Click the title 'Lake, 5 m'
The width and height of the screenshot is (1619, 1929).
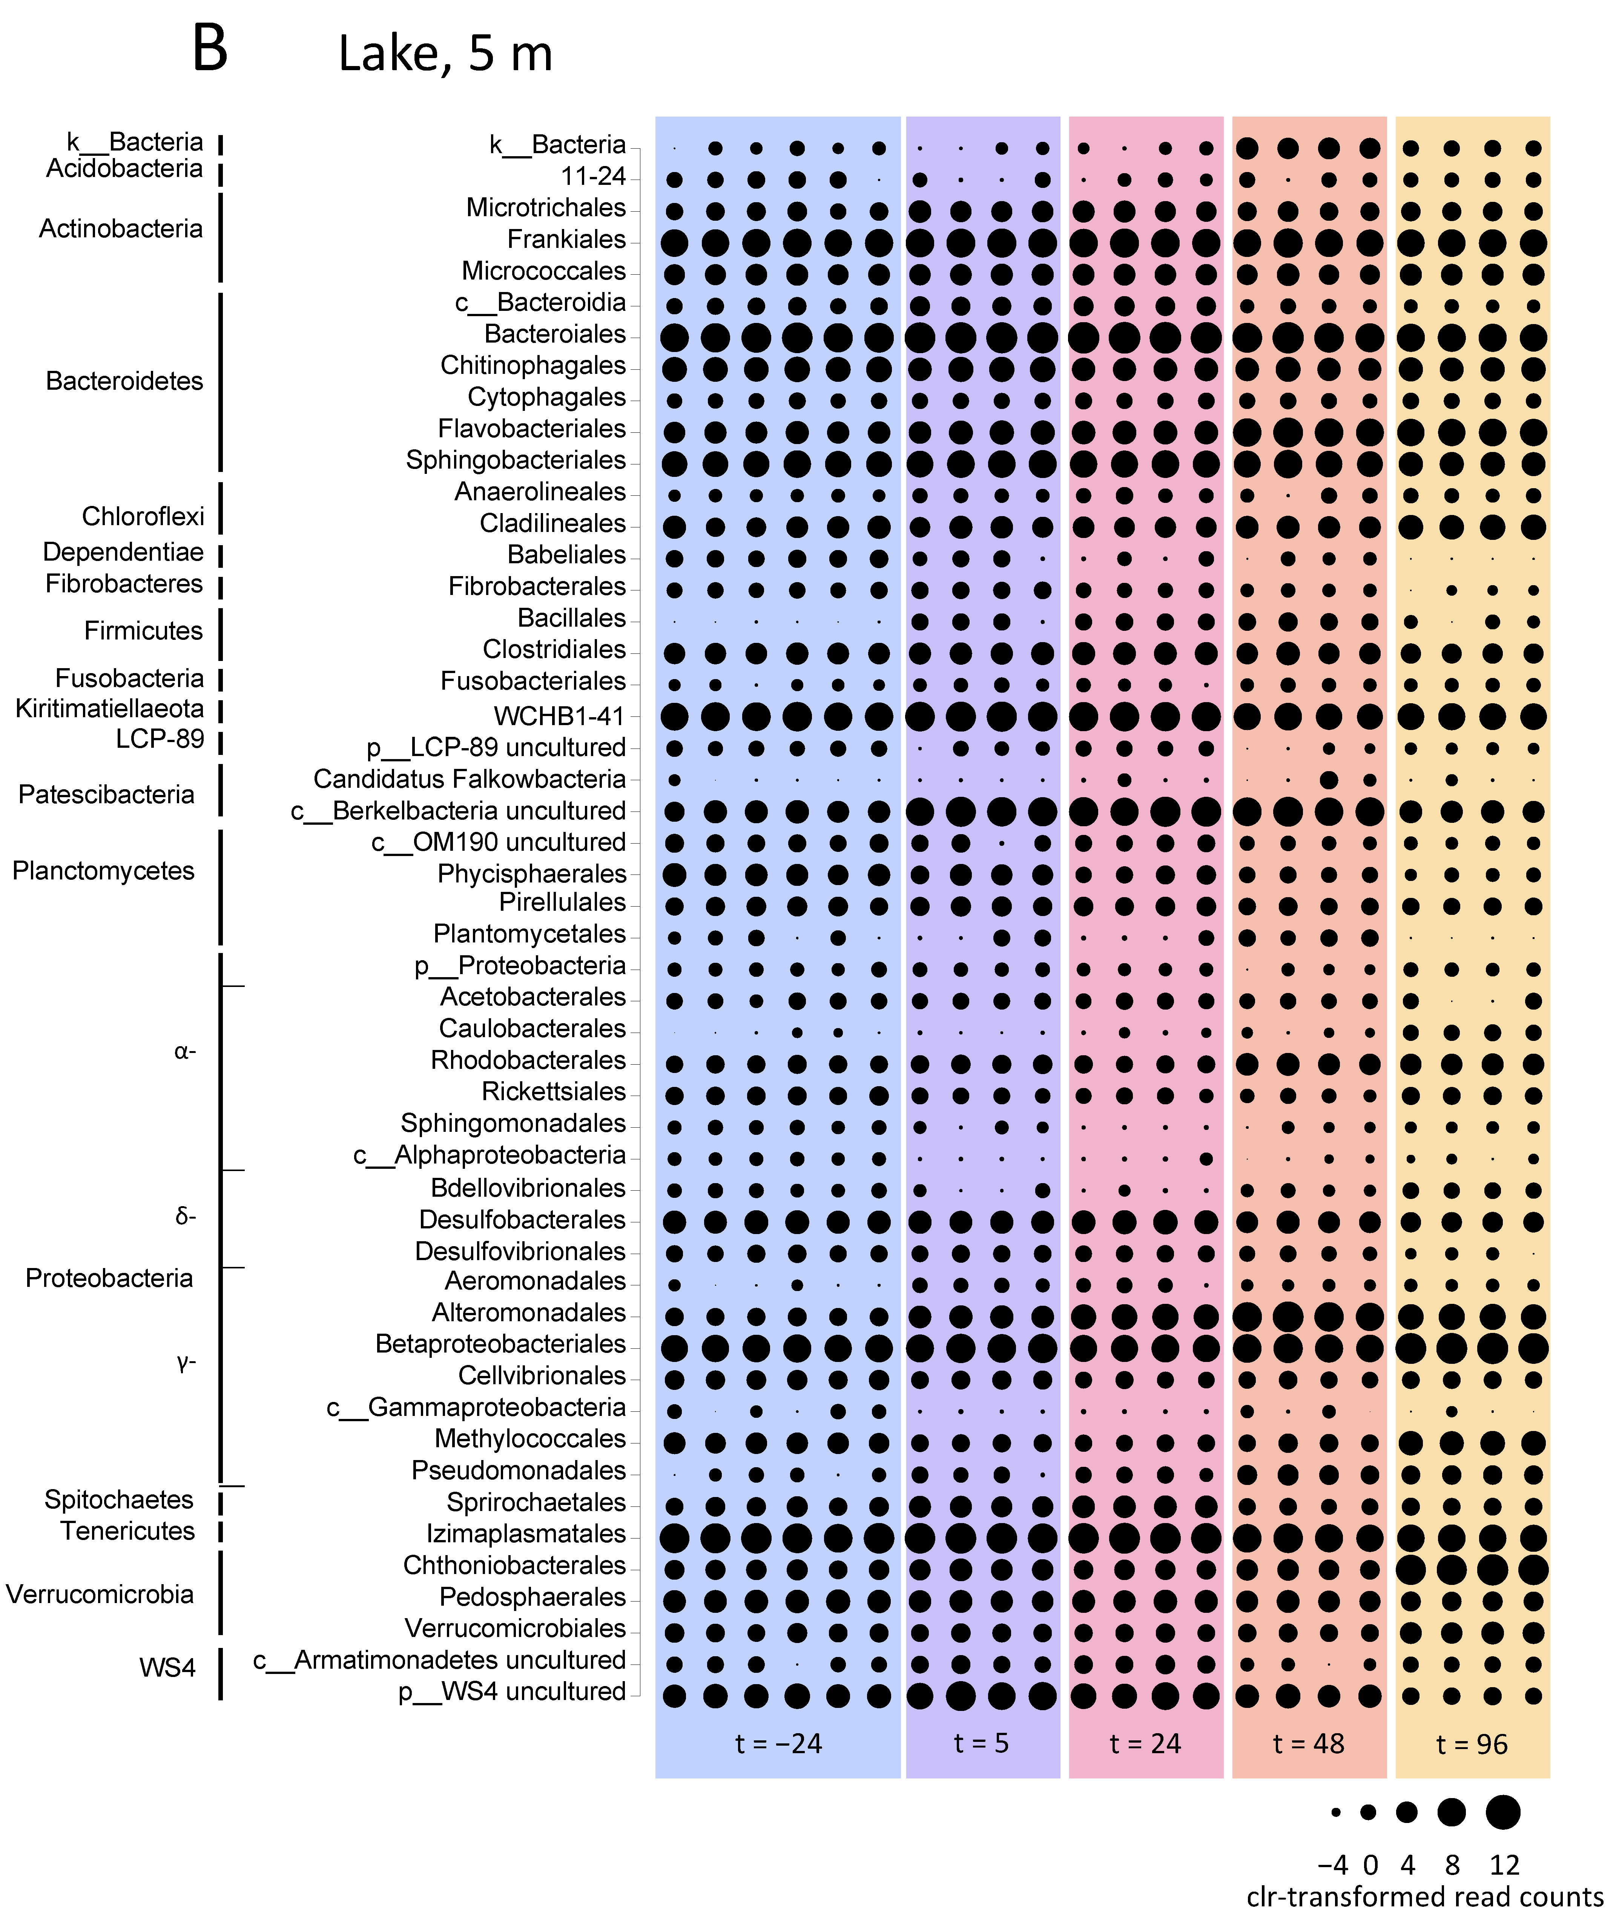click(x=445, y=53)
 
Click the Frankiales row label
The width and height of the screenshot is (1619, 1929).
click(x=566, y=240)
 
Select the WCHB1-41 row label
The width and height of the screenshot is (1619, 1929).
click(x=559, y=716)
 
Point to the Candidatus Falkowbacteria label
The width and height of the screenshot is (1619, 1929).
click(x=469, y=779)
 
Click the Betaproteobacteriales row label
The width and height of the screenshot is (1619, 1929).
click(x=500, y=1344)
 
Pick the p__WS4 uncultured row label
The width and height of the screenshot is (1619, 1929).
click(x=511, y=1691)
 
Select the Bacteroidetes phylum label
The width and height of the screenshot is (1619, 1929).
click(x=124, y=381)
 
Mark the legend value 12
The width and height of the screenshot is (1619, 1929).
click(x=1504, y=1865)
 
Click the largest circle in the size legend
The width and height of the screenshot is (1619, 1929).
click(x=1503, y=1812)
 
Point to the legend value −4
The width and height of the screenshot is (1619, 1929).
click(x=1332, y=1865)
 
